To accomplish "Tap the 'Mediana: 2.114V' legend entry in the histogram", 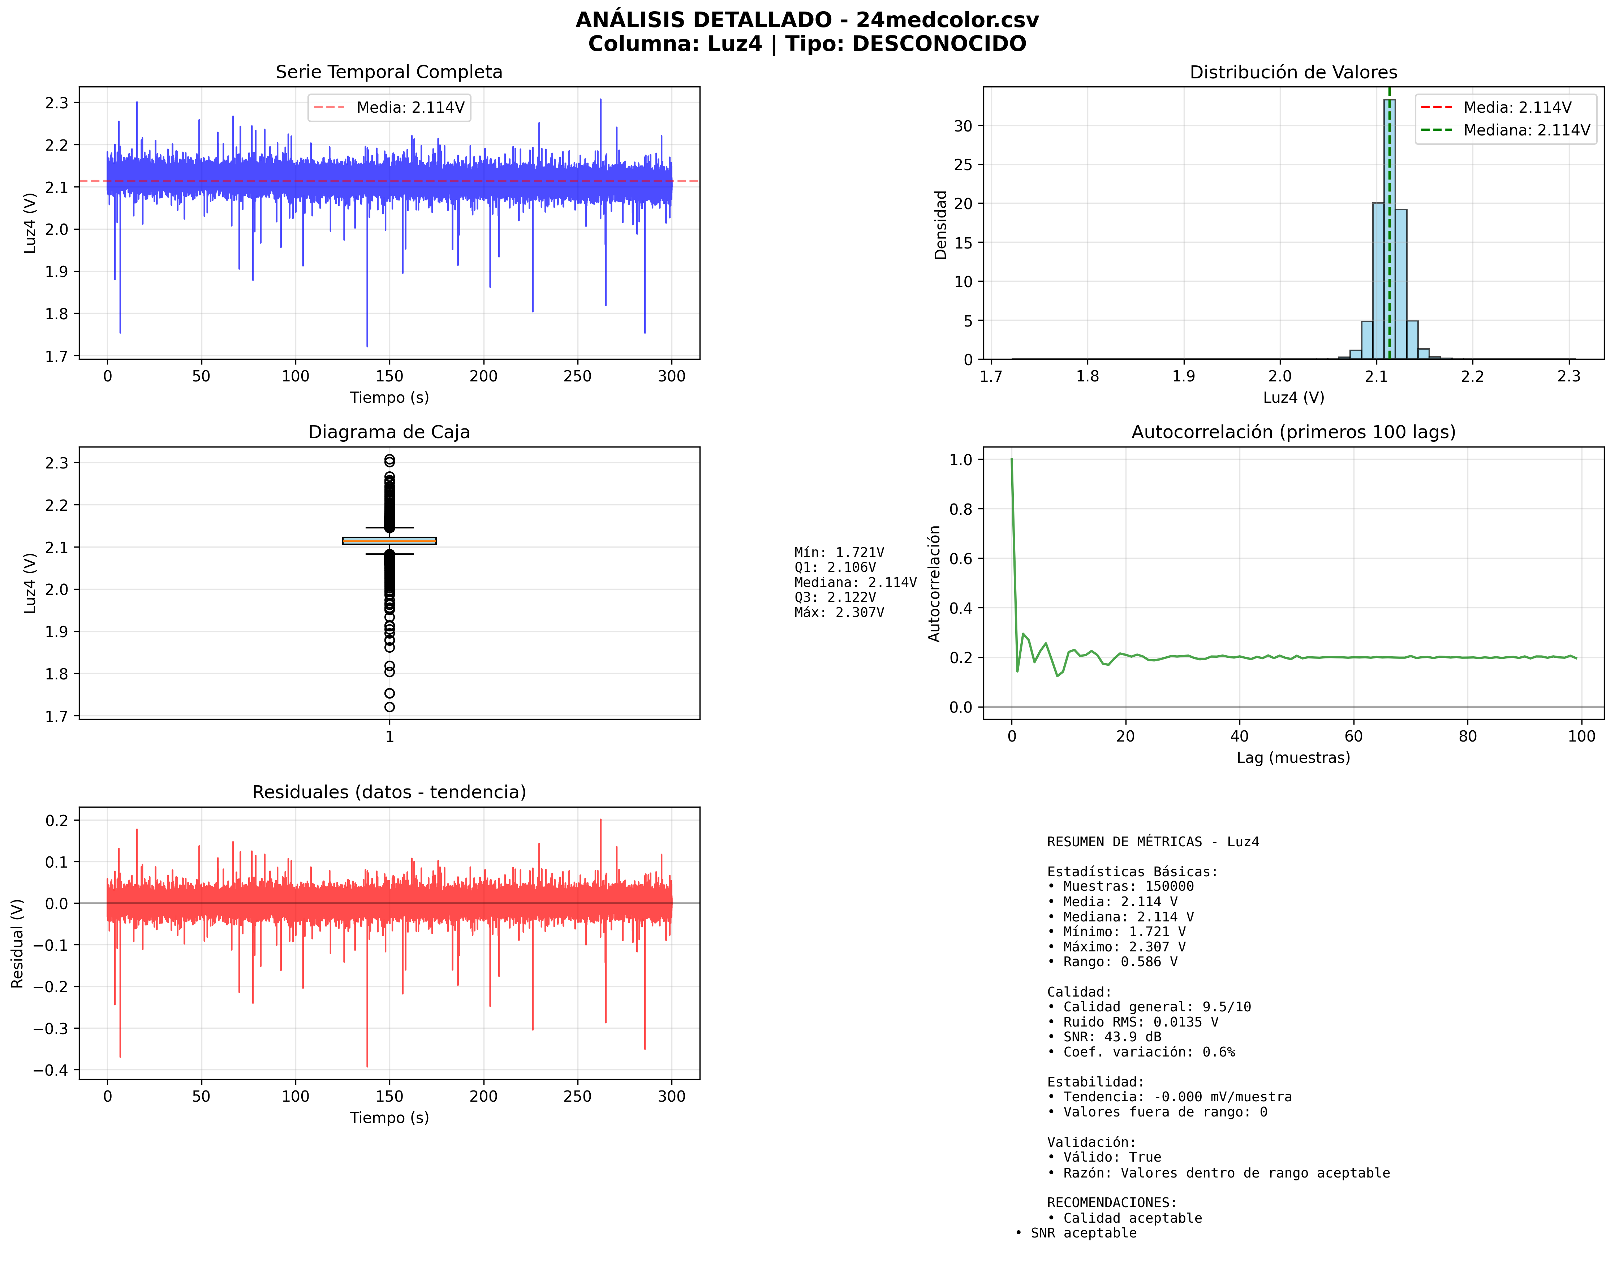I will pos(1526,130).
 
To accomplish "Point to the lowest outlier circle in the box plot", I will pos(389,707).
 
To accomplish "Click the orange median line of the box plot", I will pos(389,541).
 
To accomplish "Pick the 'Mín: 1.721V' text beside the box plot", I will pos(839,552).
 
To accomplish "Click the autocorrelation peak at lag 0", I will pos(1011,460).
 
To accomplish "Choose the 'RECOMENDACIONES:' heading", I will pos(1111,1202).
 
